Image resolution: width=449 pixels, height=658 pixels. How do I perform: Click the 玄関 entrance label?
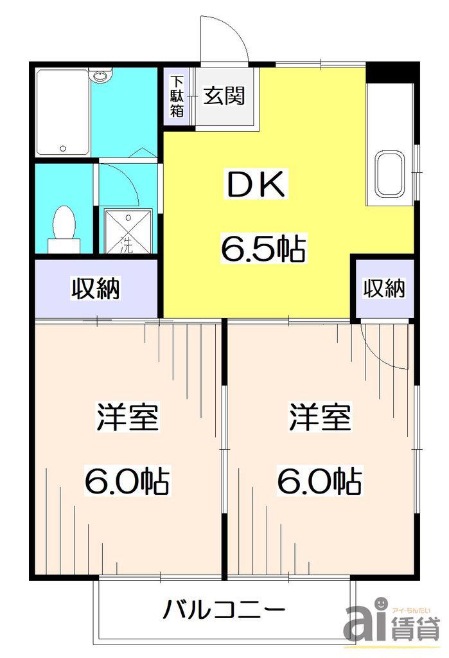(224, 96)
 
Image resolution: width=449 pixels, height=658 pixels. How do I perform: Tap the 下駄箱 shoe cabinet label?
(177, 96)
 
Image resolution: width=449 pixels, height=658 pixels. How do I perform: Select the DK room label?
(256, 185)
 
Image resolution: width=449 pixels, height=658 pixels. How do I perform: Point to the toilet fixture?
(64, 229)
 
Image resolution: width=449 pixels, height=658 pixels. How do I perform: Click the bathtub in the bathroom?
(62, 112)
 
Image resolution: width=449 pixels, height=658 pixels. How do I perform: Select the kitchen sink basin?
(389, 173)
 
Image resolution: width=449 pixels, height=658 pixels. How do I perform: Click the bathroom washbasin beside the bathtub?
(101, 76)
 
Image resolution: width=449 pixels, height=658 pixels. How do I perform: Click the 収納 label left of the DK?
(96, 288)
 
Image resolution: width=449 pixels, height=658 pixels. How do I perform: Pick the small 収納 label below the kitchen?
(384, 289)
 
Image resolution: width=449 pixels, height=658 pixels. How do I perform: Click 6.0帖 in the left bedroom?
(128, 481)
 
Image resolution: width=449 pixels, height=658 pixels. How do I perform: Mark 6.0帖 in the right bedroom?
(320, 481)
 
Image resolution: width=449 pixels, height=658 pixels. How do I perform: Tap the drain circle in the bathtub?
(64, 148)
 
